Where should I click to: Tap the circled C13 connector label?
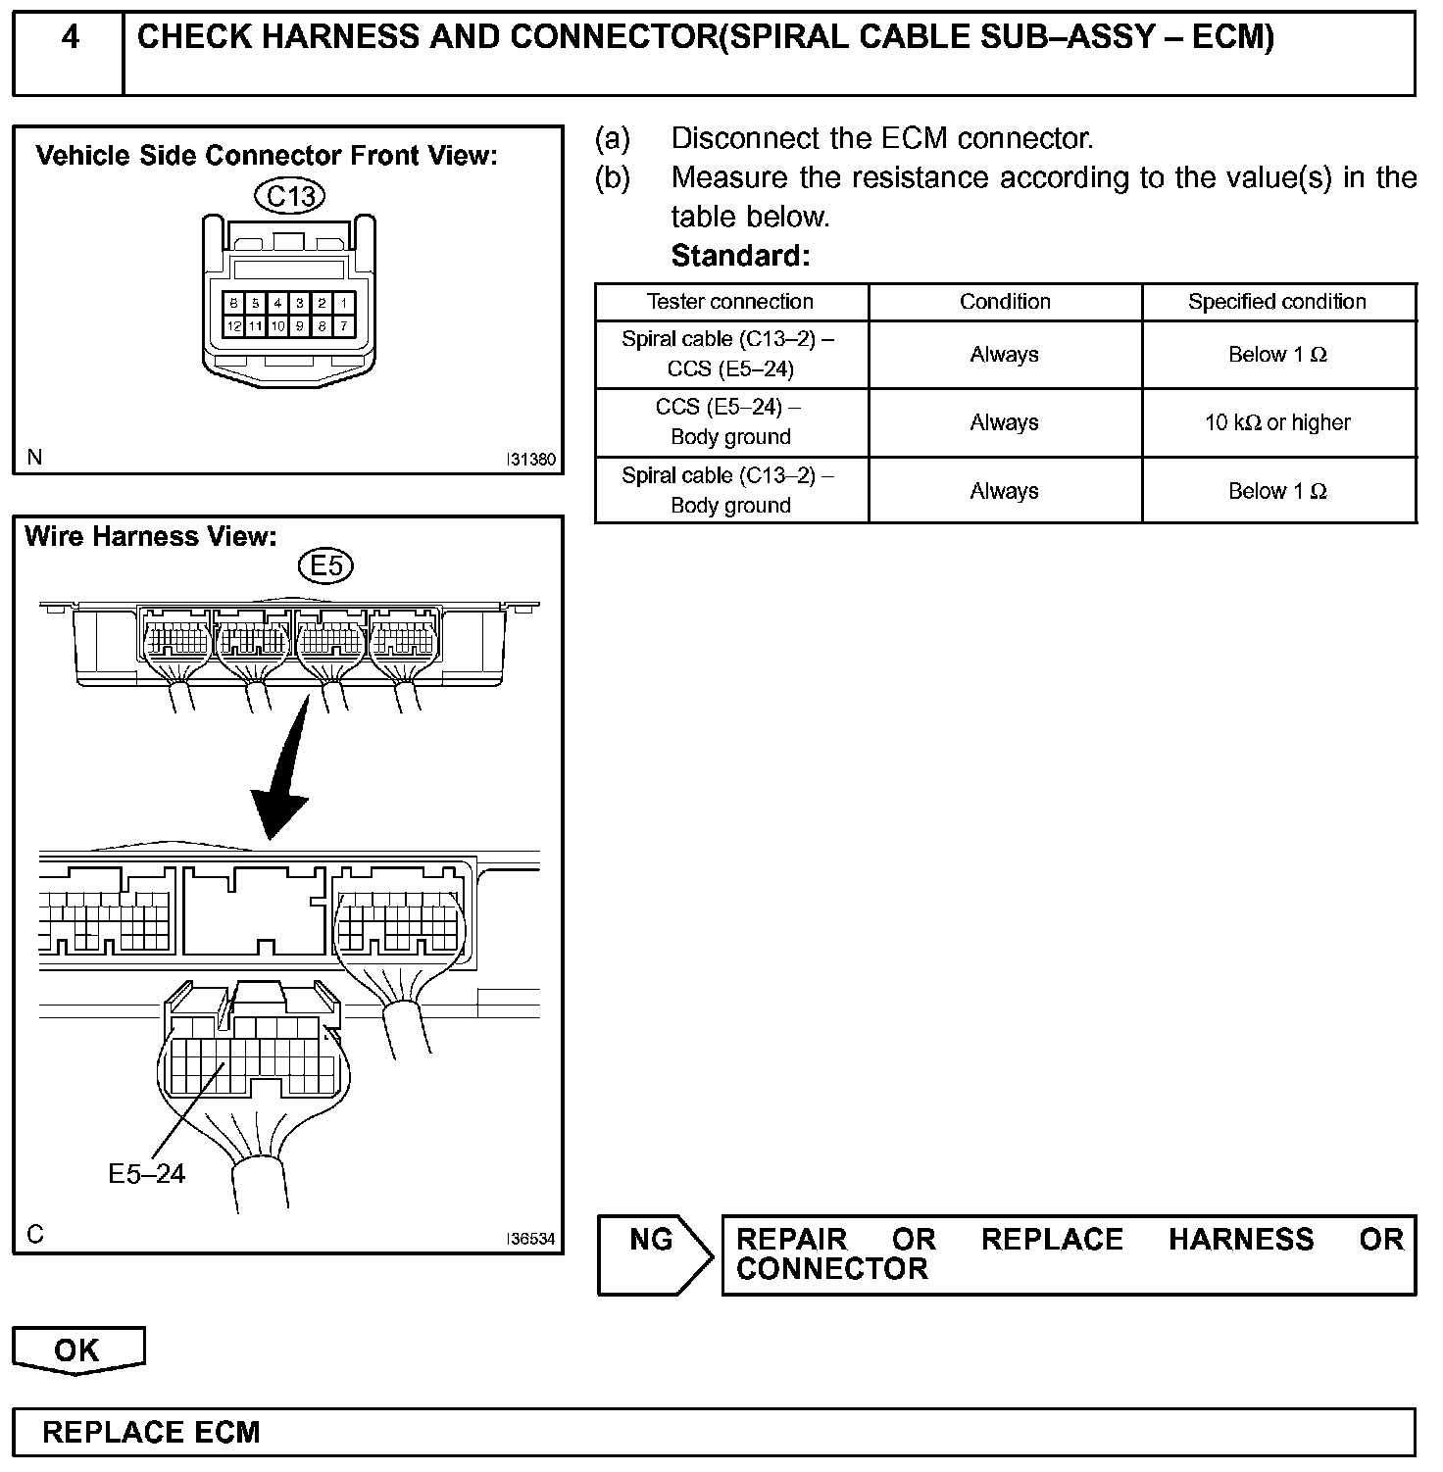click(290, 196)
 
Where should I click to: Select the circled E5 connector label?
click(325, 566)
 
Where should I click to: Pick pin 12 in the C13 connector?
click(234, 326)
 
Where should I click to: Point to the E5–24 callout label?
click(146, 1173)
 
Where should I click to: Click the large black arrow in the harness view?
click(284, 774)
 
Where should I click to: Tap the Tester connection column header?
click(730, 302)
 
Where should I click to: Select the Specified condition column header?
click(1277, 302)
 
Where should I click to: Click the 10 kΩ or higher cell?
click(1277, 422)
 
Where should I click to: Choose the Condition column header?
click(1005, 302)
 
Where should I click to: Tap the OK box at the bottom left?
click(77, 1350)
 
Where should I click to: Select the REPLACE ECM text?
click(152, 1433)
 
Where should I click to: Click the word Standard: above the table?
click(741, 256)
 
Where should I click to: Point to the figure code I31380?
click(530, 459)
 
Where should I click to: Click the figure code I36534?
click(530, 1239)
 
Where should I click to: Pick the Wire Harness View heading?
click(151, 536)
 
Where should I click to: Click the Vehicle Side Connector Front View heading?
click(267, 156)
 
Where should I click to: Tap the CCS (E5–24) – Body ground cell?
click(730, 422)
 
